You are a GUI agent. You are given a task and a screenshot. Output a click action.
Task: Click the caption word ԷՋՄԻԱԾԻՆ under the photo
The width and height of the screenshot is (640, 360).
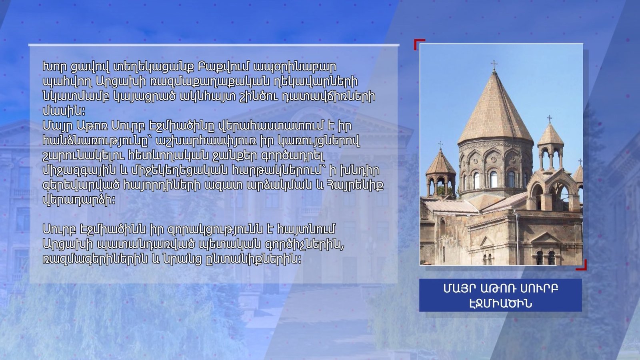click(500, 303)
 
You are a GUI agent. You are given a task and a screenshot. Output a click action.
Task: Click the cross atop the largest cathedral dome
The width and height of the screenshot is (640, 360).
click(494, 65)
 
